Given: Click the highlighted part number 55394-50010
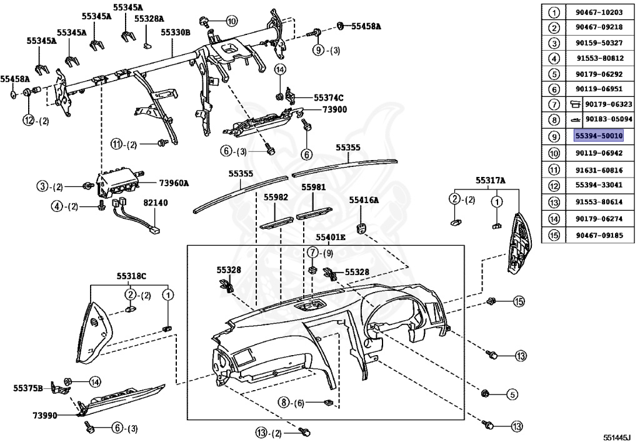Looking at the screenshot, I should point(599,136).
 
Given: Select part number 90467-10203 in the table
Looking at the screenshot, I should point(599,13).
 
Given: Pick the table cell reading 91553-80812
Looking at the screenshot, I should point(599,58).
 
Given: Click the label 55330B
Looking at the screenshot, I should point(175,32).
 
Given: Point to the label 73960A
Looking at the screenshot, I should point(173,183).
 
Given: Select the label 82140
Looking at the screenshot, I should point(155,203).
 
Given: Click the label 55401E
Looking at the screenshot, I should point(330,238).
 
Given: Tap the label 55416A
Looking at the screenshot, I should point(364,201).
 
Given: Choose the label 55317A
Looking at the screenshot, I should point(490,181).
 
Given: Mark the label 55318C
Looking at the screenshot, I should point(131,276).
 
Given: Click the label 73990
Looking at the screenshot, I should point(45,414).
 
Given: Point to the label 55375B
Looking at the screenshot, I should point(27,388).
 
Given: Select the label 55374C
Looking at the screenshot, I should point(329,98).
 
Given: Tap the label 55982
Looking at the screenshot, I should point(275,197).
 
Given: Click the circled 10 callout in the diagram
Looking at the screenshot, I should point(232,21).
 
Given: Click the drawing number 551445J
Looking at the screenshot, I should point(617,437).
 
